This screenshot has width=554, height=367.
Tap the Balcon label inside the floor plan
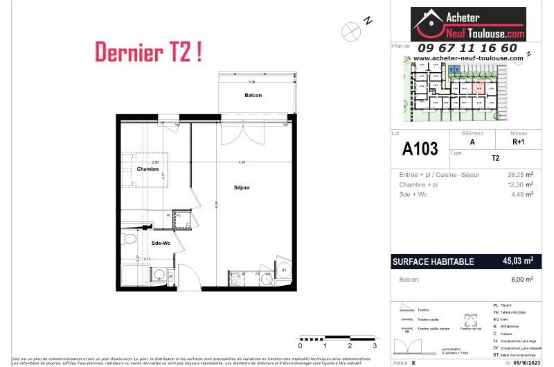click(x=253, y=95)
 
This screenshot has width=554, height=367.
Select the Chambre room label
click(x=148, y=169)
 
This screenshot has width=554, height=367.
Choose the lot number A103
click(x=420, y=148)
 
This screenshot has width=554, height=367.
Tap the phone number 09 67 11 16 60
click(x=467, y=48)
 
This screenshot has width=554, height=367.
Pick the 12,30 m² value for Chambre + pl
click(x=519, y=185)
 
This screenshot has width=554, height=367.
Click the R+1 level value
click(x=519, y=141)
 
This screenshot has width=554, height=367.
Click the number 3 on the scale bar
click(x=375, y=345)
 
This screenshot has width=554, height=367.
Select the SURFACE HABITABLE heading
click(x=433, y=262)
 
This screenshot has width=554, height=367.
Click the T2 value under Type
click(x=495, y=158)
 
